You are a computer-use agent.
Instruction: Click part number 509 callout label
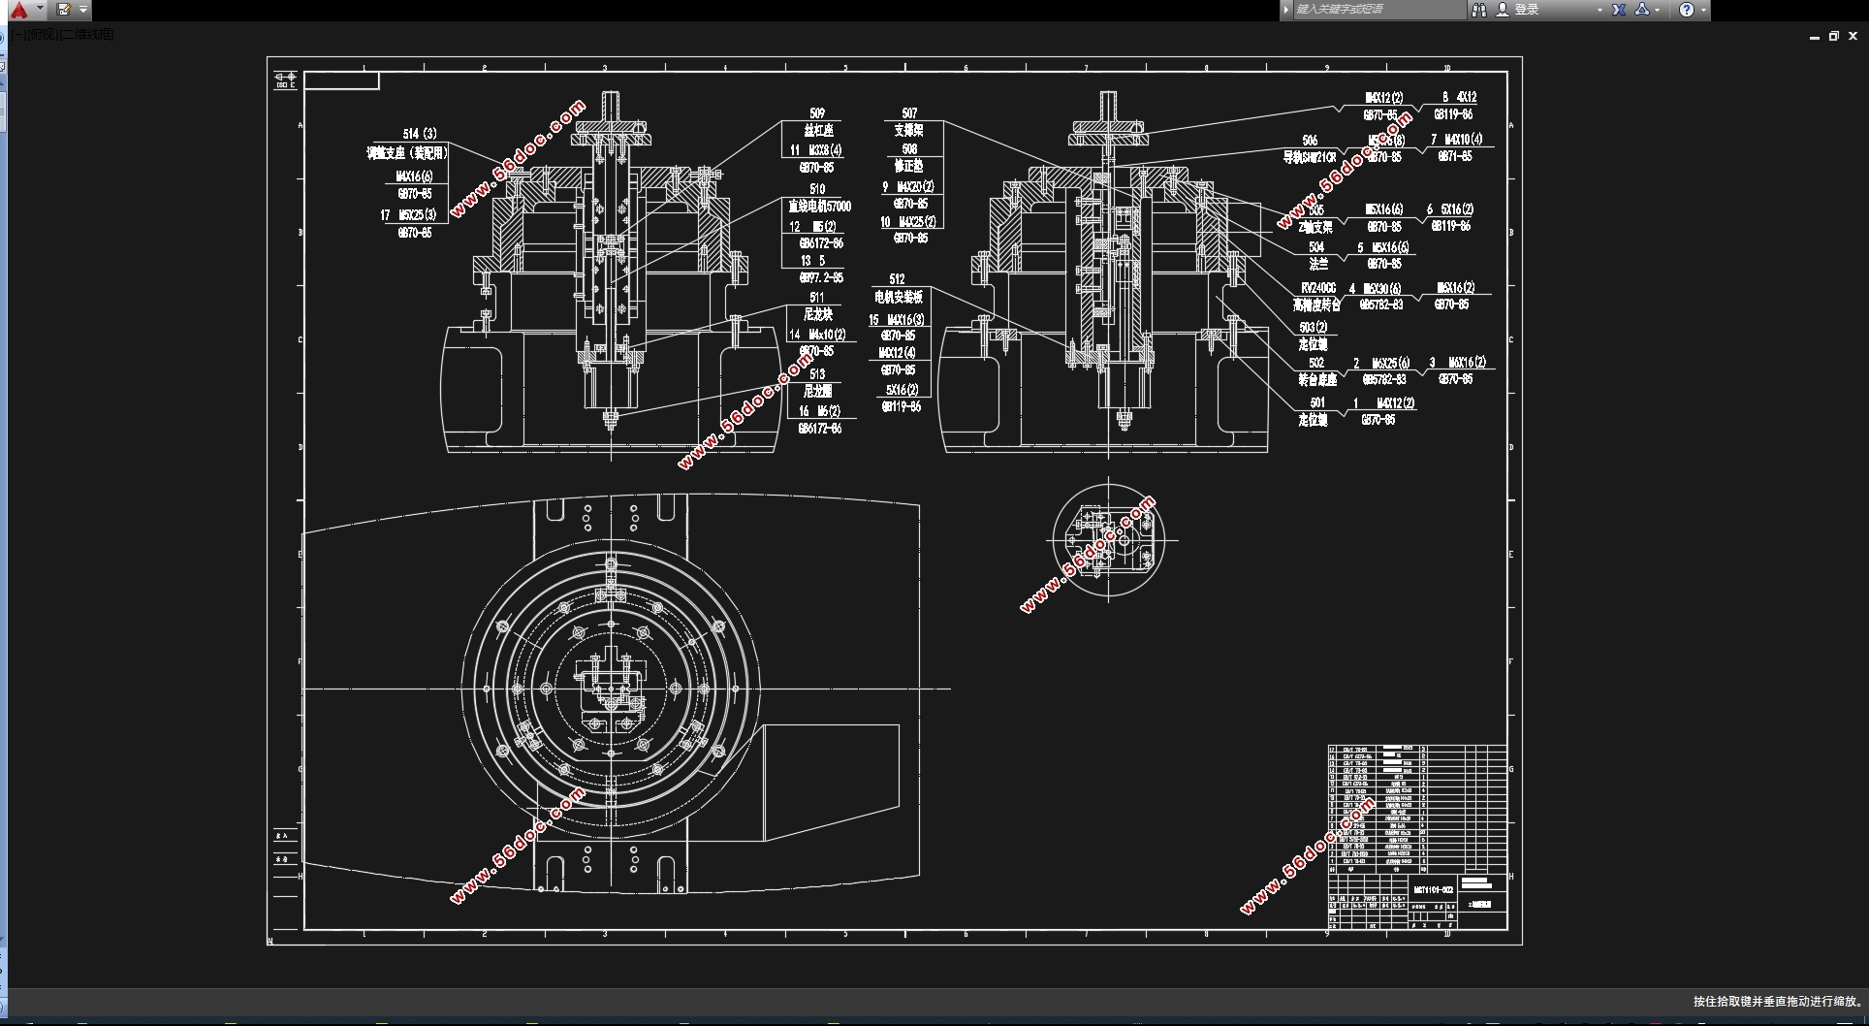[x=816, y=113]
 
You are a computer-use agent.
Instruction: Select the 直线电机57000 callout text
[x=819, y=207]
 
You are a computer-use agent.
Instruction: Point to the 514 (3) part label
[x=420, y=134]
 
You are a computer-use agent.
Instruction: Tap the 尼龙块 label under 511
[x=817, y=314]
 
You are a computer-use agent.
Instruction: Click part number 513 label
[x=817, y=373]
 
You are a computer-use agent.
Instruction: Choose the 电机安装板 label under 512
[x=898, y=297]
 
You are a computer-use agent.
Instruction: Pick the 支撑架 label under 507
[x=908, y=130]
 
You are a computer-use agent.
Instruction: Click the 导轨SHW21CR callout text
[x=1310, y=157]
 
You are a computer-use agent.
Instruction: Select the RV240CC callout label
[x=1317, y=288]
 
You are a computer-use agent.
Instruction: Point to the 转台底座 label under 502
[x=1316, y=379]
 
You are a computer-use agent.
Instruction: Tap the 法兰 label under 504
[x=1318, y=264]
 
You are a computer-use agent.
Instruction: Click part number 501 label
[x=1316, y=402]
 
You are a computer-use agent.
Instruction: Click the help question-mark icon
[x=1687, y=10]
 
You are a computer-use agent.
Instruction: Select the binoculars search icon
[x=1478, y=10]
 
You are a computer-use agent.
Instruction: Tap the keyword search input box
[x=1378, y=10]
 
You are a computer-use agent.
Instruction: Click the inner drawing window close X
[x=1853, y=36]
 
